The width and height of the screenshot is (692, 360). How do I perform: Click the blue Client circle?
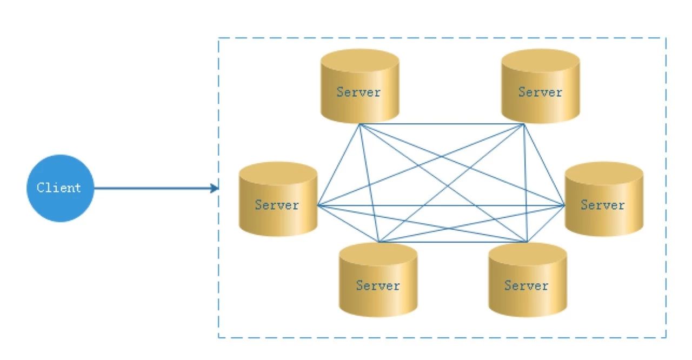(60, 188)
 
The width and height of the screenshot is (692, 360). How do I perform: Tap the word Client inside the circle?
(59, 188)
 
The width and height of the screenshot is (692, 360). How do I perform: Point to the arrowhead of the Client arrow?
(215, 188)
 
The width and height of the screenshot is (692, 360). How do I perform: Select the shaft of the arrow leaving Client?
(152, 188)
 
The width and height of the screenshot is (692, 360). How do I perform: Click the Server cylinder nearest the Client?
(278, 199)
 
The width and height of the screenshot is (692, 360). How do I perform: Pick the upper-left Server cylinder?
(360, 86)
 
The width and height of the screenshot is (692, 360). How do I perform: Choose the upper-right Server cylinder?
(540, 86)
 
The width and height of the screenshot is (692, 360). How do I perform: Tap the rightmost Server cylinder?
(604, 199)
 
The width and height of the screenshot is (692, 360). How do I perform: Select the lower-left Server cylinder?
(378, 279)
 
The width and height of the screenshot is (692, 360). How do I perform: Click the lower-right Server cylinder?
(527, 279)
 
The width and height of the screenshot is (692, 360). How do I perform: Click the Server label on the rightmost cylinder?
(603, 205)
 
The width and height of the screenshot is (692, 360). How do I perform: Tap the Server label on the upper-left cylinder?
(358, 92)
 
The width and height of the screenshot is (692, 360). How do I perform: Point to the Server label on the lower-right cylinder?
(527, 285)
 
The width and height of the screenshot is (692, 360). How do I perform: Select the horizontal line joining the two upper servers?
(442, 124)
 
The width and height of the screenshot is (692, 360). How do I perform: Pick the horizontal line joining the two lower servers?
(453, 242)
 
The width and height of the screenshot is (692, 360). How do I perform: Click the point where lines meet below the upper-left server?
(360, 124)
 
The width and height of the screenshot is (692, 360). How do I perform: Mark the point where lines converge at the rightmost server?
(565, 205)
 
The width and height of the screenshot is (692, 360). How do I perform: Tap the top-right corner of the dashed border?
(666, 38)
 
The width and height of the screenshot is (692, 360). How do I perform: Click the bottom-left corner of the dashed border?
(218, 337)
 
